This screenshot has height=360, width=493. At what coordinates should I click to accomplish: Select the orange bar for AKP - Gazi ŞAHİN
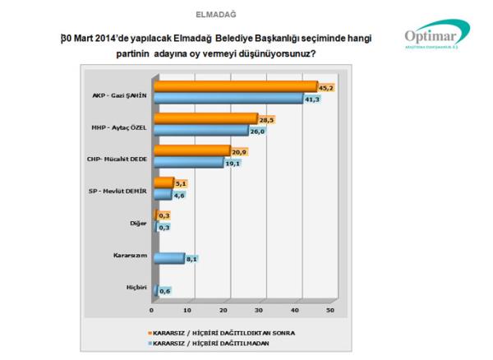(x=234, y=86)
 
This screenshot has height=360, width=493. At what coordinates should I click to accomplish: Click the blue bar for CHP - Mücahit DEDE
(x=187, y=162)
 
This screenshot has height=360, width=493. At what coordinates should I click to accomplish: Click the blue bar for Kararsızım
(x=167, y=258)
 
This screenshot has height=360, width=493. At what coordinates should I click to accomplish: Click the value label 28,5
(x=267, y=120)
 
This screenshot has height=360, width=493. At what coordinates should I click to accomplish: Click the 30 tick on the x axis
(x=259, y=311)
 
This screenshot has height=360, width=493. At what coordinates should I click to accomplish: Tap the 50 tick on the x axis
(x=330, y=311)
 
